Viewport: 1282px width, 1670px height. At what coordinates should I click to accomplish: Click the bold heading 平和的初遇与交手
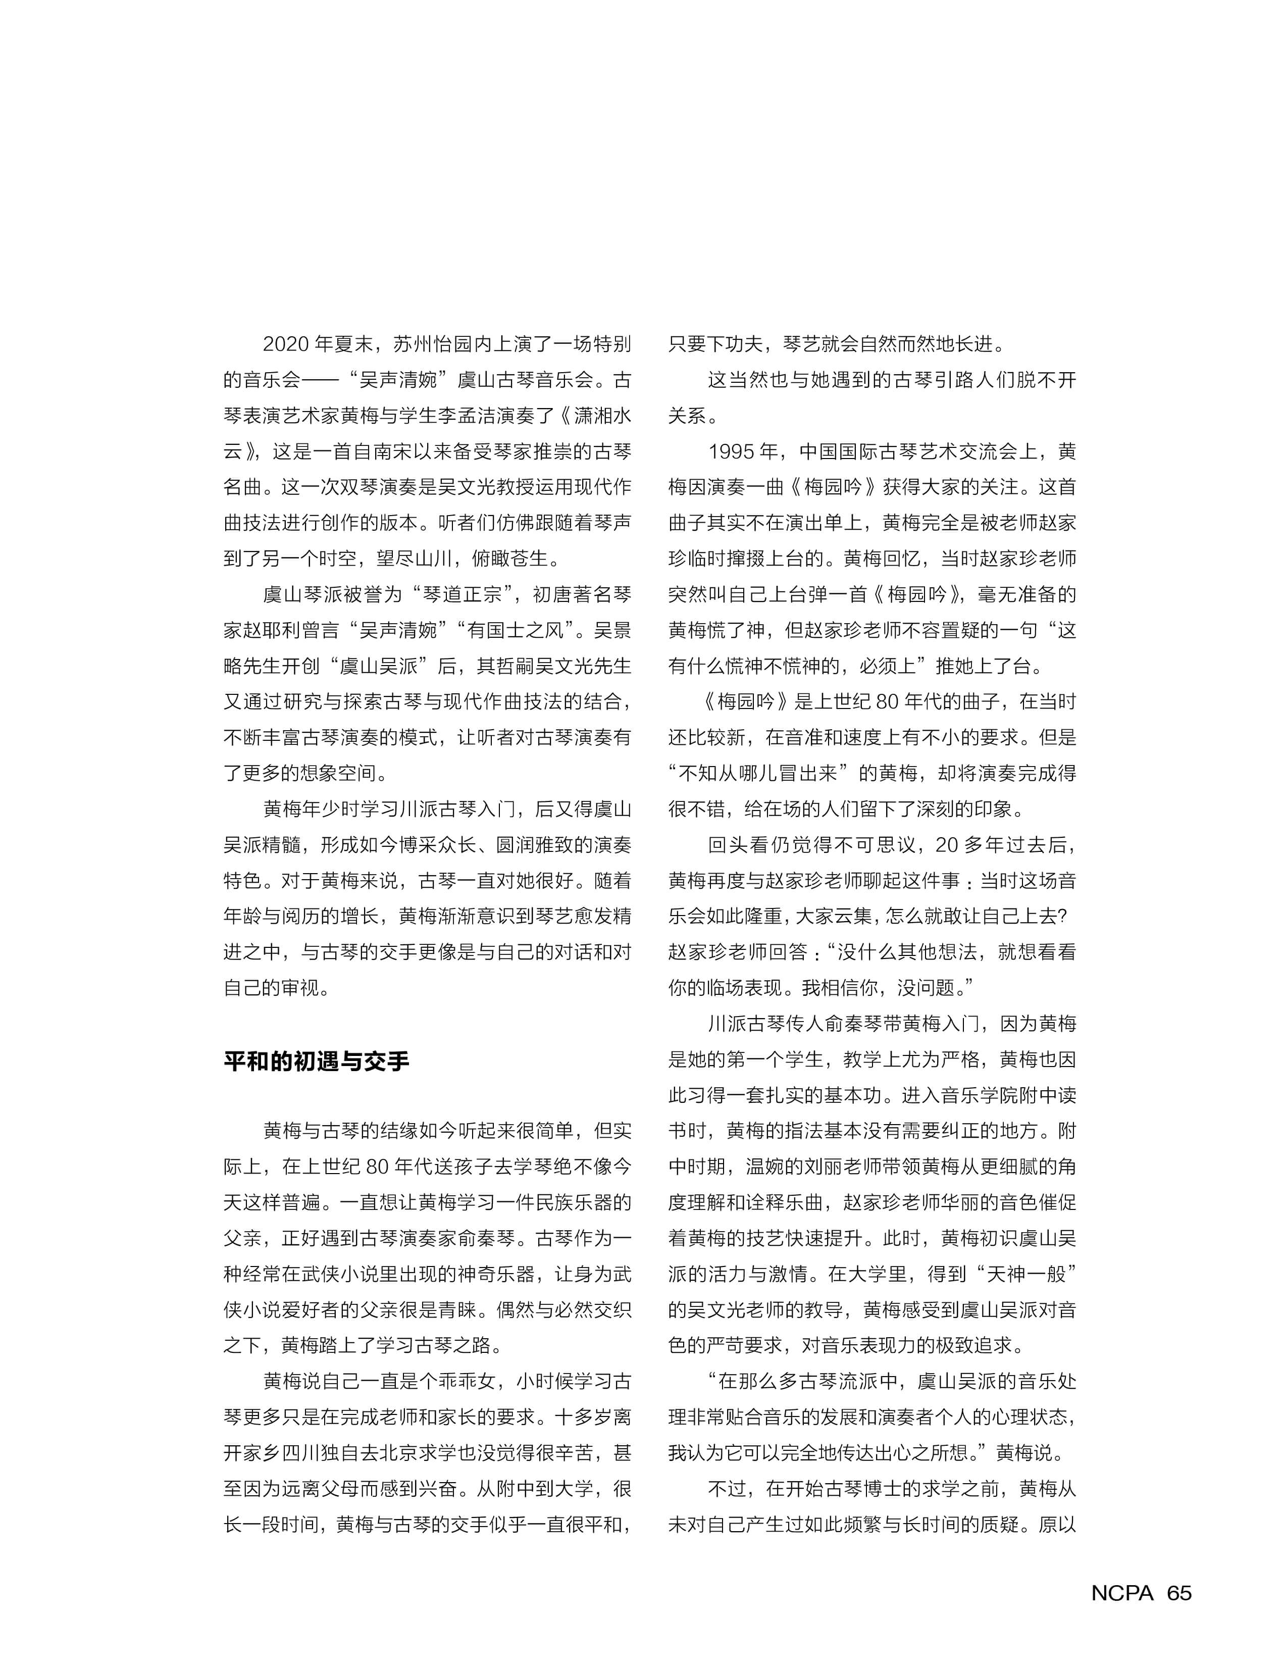tap(316, 1061)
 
